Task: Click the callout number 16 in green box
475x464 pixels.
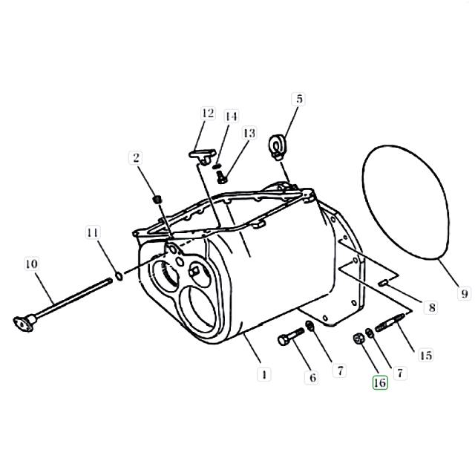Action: (380, 382)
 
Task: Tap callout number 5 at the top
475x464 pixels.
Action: (298, 99)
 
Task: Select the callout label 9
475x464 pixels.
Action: (465, 293)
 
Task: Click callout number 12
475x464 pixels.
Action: (208, 113)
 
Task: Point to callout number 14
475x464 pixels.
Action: (231, 116)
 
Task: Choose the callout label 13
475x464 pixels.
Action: (249, 133)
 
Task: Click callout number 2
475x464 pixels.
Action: (136, 157)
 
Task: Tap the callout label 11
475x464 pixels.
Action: (92, 232)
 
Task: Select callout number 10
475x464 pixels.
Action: (32, 264)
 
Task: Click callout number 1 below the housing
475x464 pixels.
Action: (264, 375)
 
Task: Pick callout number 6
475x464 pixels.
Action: (312, 378)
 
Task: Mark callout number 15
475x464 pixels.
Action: (426, 355)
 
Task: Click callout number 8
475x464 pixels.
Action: (432, 307)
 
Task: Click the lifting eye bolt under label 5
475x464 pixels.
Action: (276, 147)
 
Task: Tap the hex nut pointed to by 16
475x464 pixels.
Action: (358, 339)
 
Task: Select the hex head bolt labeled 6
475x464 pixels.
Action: (291, 336)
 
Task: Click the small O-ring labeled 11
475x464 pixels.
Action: (119, 276)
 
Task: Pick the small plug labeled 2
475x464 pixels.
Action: (157, 200)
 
